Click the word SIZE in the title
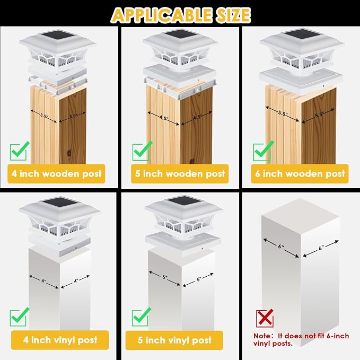(x=231, y=15)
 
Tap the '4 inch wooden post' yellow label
(x=56, y=174)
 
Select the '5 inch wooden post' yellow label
(x=180, y=174)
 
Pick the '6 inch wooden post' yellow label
(x=300, y=174)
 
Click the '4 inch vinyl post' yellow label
(x=60, y=340)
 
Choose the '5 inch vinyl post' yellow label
(x=174, y=340)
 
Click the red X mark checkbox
(x=265, y=318)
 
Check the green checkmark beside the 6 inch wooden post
(x=263, y=152)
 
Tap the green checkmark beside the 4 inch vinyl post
(x=19, y=317)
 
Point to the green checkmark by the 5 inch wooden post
(x=142, y=152)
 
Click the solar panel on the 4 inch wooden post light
(x=58, y=36)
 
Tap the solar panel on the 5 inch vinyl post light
(x=183, y=201)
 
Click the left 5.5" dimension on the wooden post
(x=282, y=113)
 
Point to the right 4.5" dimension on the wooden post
(x=197, y=118)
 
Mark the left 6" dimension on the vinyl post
(x=281, y=248)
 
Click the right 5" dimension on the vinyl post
(x=198, y=279)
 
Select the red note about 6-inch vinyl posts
(x=301, y=339)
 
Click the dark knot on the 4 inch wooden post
(x=69, y=153)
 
